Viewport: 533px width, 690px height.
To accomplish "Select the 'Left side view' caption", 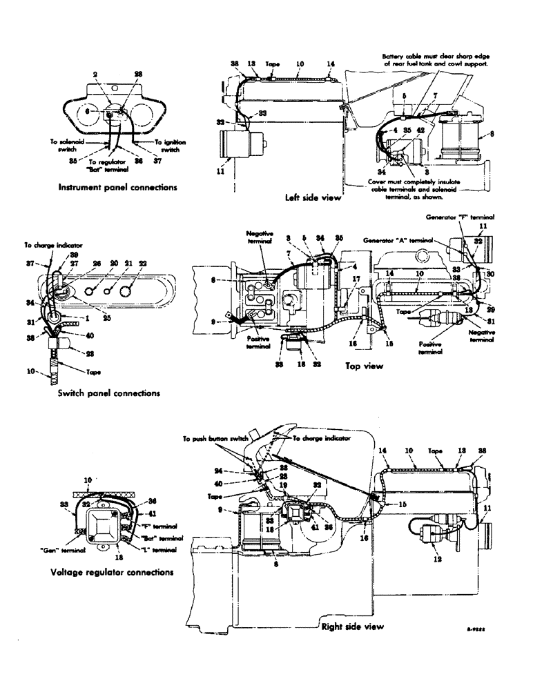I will [313, 197].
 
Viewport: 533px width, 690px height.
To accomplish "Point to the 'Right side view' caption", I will [352, 627].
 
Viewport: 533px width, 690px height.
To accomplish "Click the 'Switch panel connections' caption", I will [109, 393].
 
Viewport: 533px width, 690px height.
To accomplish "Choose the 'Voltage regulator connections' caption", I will [111, 572].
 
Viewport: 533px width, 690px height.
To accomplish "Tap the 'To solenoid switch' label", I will [65, 145].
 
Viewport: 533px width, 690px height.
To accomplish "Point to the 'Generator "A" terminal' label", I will [400, 239].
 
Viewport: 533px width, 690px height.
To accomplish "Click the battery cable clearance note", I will [433, 59].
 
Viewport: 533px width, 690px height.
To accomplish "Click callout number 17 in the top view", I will [357, 279].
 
